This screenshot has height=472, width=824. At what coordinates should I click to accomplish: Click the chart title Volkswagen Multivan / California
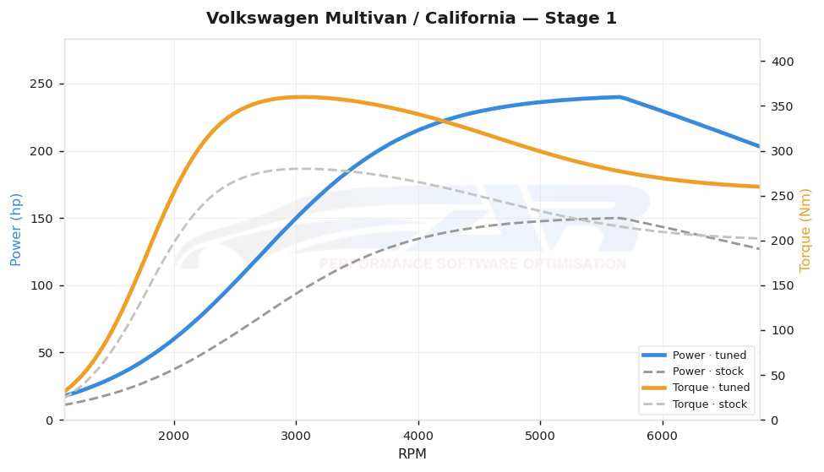(361, 19)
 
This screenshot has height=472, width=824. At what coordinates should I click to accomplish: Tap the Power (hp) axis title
(16, 230)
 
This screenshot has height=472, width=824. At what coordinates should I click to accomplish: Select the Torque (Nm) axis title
(805, 231)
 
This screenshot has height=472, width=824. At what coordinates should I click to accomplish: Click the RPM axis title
(412, 453)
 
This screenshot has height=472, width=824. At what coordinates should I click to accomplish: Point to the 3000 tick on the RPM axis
(296, 436)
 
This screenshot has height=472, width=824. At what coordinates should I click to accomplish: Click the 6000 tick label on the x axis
(662, 436)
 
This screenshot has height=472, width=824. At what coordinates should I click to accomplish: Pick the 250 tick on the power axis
(42, 84)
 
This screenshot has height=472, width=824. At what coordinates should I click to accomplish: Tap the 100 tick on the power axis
(42, 285)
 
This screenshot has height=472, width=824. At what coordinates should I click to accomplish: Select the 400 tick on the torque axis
(783, 62)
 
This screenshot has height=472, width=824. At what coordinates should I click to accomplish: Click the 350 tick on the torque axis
(783, 106)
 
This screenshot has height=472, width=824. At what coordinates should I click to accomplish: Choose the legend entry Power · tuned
(694, 355)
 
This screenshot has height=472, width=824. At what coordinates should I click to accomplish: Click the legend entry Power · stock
(693, 372)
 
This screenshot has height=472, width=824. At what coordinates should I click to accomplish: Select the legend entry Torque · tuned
(696, 388)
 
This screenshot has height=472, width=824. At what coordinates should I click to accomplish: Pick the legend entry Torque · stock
(694, 404)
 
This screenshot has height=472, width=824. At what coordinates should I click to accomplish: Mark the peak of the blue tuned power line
(620, 96)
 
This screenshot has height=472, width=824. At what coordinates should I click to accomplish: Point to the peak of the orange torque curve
(303, 96)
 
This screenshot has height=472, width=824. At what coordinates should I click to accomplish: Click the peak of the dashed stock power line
(620, 218)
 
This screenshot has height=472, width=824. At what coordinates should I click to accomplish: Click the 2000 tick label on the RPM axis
(174, 436)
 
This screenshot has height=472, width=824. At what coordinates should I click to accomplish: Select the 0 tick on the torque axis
(775, 420)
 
